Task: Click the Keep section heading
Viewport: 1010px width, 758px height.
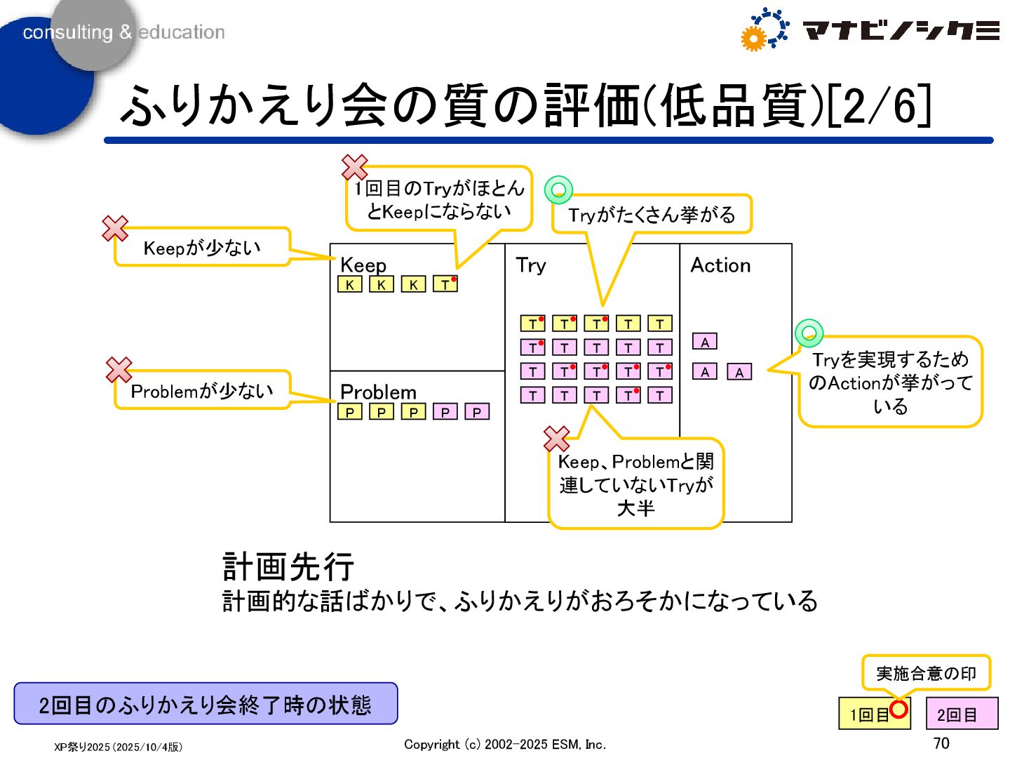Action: pyautogui.click(x=363, y=265)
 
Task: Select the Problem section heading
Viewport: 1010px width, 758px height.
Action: pyautogui.click(x=378, y=392)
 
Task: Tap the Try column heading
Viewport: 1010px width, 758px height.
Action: pyautogui.click(x=530, y=265)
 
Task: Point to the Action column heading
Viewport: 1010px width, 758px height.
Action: pyautogui.click(x=720, y=265)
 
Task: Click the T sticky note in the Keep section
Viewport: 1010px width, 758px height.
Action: pyautogui.click(x=445, y=284)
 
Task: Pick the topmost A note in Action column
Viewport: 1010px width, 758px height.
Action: pyautogui.click(x=705, y=342)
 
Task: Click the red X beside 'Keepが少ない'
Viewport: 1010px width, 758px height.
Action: pyautogui.click(x=115, y=228)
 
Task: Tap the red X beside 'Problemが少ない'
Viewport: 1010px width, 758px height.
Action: pyautogui.click(x=119, y=370)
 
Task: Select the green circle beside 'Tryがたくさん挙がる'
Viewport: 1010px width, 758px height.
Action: pyautogui.click(x=559, y=189)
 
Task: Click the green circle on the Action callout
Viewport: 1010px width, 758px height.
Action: pyautogui.click(x=809, y=332)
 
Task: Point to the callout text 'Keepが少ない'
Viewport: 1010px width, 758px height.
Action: pyautogui.click(x=202, y=248)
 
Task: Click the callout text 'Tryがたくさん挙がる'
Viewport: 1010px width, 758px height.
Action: pyautogui.click(x=652, y=215)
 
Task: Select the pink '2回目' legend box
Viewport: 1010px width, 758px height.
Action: pyautogui.click(x=962, y=714)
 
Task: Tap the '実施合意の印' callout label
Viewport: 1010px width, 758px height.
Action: pyautogui.click(x=926, y=674)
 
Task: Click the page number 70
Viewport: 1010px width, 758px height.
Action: pyautogui.click(x=941, y=743)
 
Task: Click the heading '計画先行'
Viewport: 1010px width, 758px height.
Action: pyautogui.click(x=288, y=566)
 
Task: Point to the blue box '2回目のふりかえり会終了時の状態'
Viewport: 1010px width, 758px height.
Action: pyautogui.click(x=206, y=704)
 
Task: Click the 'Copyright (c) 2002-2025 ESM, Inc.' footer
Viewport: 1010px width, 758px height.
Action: pyautogui.click(x=505, y=744)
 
